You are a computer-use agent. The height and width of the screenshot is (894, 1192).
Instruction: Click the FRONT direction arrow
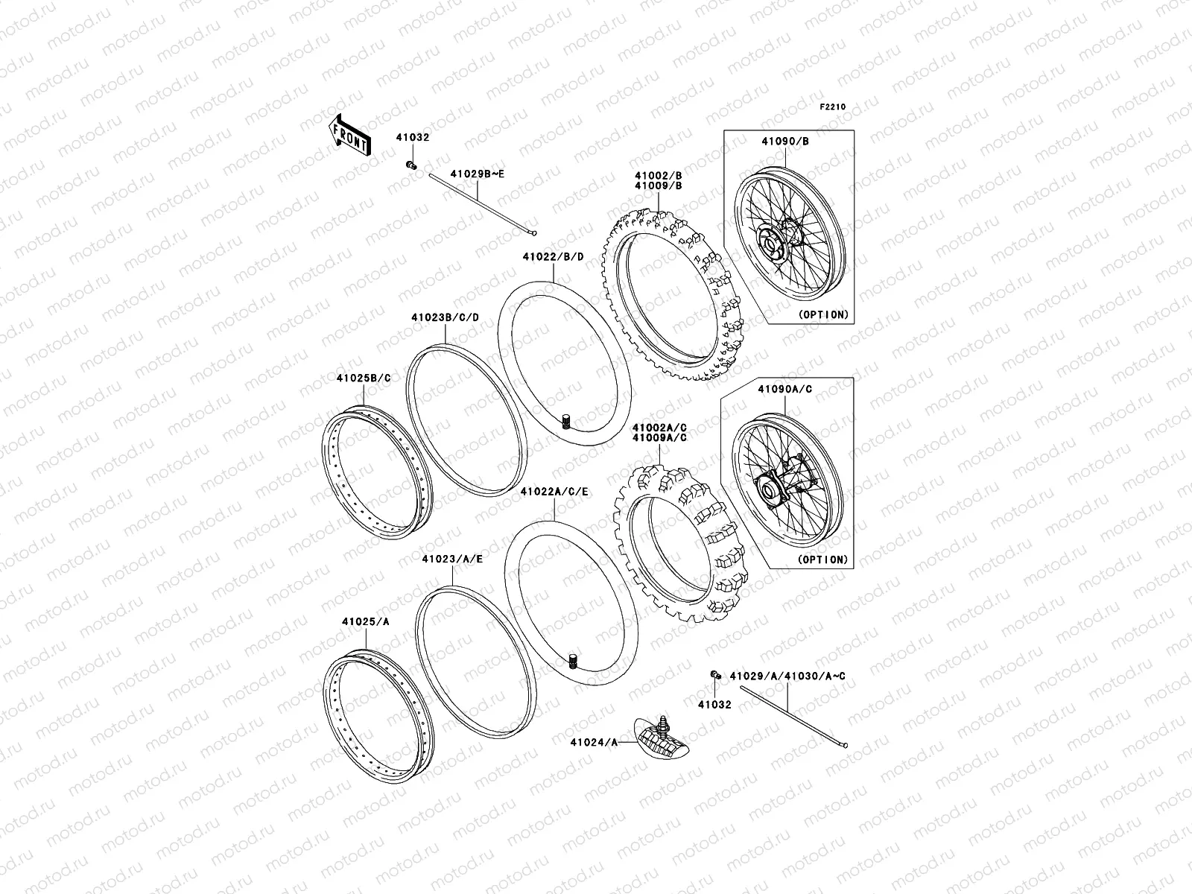pos(349,136)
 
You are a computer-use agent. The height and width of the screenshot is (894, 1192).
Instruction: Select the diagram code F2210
pos(832,107)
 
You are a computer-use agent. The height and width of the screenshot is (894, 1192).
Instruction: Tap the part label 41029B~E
pos(478,174)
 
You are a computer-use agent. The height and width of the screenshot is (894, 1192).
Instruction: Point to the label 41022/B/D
pos(553,256)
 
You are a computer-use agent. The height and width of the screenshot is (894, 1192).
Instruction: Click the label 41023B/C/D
pos(446,317)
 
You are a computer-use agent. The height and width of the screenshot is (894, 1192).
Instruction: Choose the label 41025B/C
pos(364,378)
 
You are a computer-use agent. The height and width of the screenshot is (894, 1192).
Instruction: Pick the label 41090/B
pos(785,141)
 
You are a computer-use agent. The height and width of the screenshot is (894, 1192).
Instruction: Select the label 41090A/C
pos(785,389)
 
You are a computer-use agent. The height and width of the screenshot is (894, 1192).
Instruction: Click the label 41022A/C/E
pos(554,491)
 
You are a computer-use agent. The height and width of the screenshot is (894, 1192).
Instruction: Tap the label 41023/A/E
pos(452,559)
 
